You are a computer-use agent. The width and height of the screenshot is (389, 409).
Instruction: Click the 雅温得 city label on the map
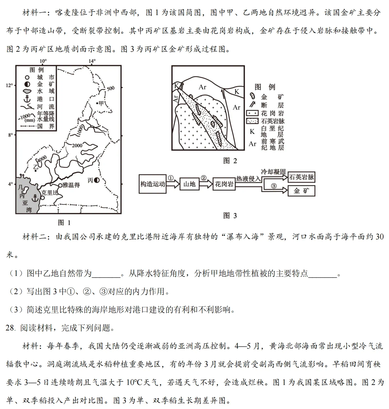[x=71, y=185]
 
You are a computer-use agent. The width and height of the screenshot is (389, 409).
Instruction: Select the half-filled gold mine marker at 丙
[x=97, y=180]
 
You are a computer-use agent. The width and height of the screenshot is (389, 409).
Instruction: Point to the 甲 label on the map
[x=101, y=103]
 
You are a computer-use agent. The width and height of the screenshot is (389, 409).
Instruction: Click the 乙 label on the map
[x=35, y=167]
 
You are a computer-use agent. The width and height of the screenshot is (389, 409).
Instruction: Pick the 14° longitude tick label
[x=92, y=61]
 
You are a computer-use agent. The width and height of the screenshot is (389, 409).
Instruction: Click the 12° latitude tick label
[x=9, y=85]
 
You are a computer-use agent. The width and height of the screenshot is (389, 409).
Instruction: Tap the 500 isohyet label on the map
[x=111, y=88]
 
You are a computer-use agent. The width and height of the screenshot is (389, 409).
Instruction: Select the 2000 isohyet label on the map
[x=77, y=145]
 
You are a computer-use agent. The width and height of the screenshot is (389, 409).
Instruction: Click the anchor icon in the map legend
[x=27, y=99]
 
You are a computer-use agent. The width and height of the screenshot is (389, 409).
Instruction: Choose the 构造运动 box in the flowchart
[x=153, y=184]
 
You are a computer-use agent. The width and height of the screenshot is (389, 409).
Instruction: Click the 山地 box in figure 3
[x=189, y=184]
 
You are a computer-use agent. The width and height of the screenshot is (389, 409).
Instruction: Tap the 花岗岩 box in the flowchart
[x=224, y=184]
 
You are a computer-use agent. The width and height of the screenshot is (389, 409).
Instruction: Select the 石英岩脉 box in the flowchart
[x=302, y=177]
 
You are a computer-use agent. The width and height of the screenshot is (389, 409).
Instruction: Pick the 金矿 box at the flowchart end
[x=301, y=191]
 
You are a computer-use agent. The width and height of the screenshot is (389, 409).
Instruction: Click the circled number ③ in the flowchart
[x=274, y=186]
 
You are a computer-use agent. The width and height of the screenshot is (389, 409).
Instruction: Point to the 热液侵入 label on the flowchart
[x=248, y=179]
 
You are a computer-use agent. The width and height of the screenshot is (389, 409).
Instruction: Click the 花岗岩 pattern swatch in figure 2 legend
[x=252, y=113]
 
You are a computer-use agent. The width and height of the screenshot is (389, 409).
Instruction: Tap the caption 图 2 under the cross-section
[x=230, y=161]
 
